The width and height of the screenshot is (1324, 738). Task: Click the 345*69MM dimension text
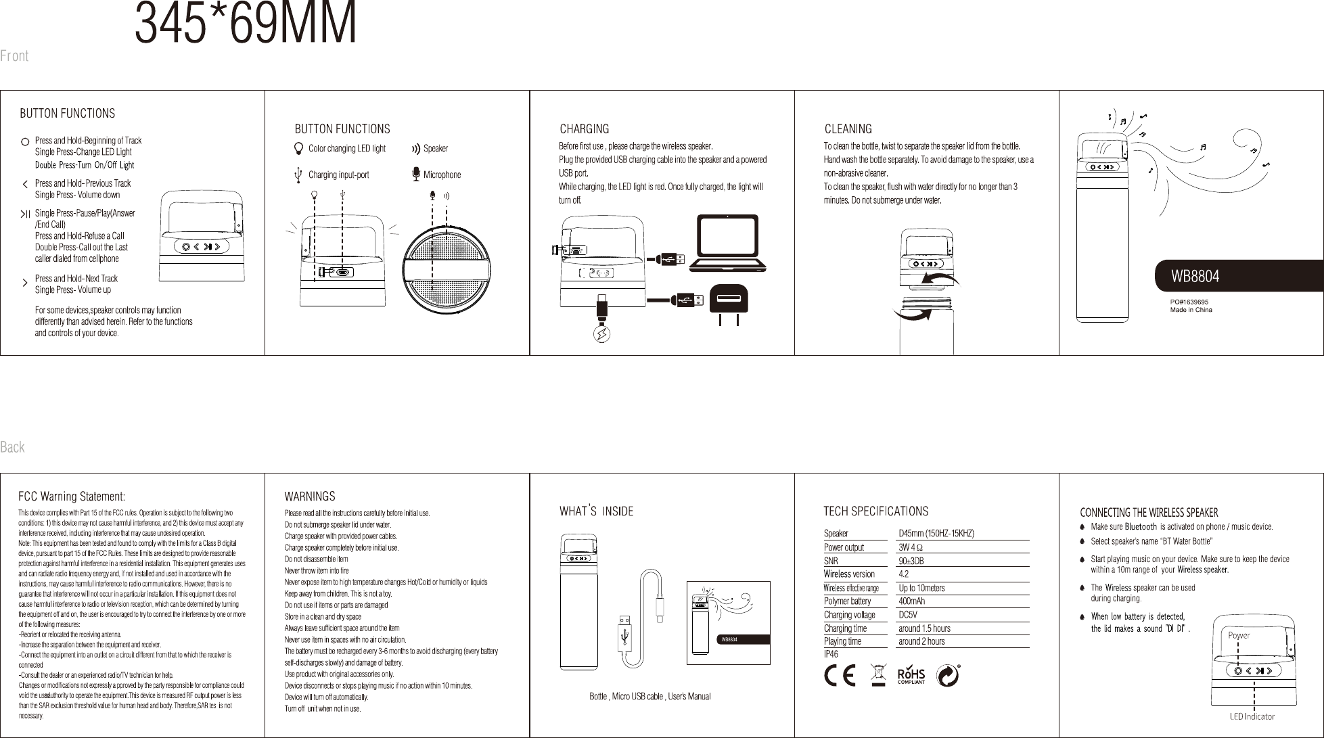(x=246, y=25)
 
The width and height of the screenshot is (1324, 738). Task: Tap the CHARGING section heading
(x=584, y=129)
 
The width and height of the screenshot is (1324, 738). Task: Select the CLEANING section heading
(x=848, y=129)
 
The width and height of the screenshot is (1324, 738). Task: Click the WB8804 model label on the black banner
(x=1195, y=277)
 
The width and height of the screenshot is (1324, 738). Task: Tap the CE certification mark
(x=840, y=676)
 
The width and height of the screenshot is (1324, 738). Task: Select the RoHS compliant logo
(x=911, y=676)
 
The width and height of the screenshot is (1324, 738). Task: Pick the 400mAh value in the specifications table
(x=911, y=601)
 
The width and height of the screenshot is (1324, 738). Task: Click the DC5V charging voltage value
(x=907, y=615)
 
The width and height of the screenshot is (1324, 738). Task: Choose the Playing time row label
(x=842, y=641)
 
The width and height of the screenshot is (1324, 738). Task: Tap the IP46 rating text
(x=831, y=654)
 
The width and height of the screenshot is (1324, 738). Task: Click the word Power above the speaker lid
(x=1239, y=635)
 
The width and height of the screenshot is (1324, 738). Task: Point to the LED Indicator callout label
(x=1252, y=716)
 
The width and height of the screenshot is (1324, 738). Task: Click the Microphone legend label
(x=442, y=175)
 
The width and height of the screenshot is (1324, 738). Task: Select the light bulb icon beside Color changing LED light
(x=299, y=148)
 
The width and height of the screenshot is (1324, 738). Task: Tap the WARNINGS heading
(x=309, y=497)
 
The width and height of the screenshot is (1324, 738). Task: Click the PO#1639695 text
(x=1189, y=302)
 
